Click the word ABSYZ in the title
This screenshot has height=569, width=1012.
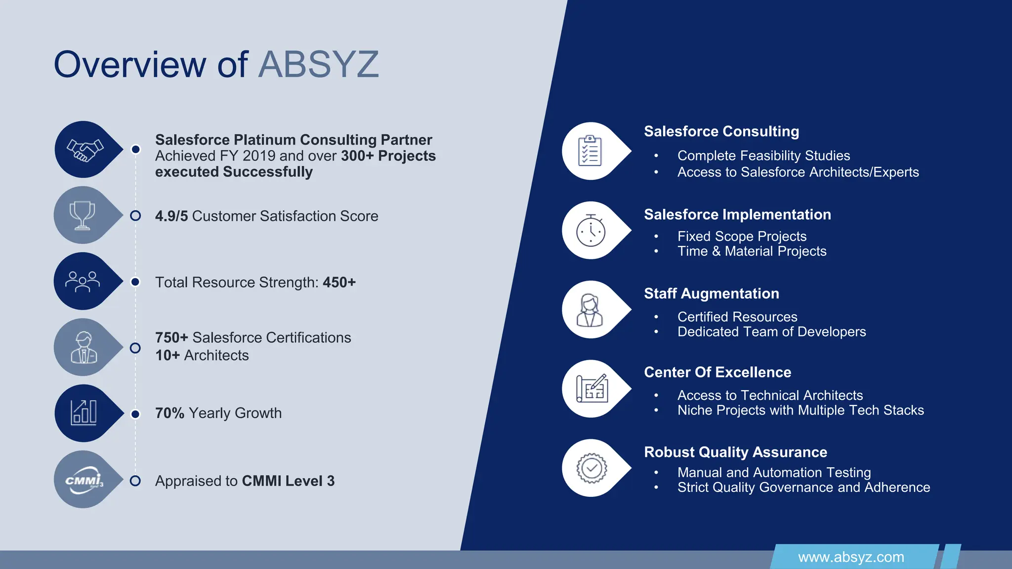tap(318, 64)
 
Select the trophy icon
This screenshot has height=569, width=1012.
tap(83, 215)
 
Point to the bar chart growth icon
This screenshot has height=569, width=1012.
tap(84, 413)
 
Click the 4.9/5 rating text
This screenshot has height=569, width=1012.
tap(171, 216)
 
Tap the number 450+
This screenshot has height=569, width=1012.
tap(339, 283)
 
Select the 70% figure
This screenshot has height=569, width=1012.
tap(169, 413)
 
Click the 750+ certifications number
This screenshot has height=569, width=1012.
tap(171, 338)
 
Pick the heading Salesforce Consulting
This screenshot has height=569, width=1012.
tap(721, 131)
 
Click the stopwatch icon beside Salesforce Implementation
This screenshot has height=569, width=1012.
tap(590, 231)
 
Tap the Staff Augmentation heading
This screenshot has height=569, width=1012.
tap(711, 293)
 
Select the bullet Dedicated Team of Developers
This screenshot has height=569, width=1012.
tap(771, 332)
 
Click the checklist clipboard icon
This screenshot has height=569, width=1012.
tap(590, 151)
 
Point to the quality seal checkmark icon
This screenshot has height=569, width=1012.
tap(591, 468)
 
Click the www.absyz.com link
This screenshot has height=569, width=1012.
tap(851, 557)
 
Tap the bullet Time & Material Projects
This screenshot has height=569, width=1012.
tap(752, 251)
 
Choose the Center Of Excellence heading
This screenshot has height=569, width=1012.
tap(717, 372)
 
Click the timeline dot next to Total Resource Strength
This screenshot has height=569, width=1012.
tap(135, 282)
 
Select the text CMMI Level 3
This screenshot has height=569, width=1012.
tap(288, 481)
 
